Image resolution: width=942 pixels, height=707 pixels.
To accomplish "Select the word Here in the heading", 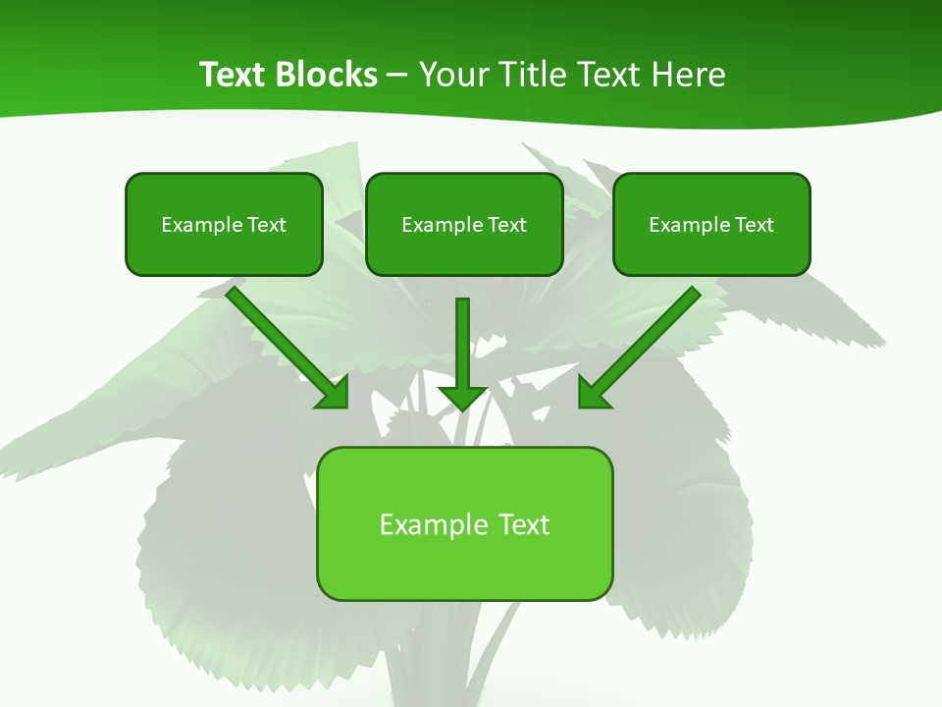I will [x=691, y=75].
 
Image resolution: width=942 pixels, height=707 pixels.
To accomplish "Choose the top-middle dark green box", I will [x=464, y=253].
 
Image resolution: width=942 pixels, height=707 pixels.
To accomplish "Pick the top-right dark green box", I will [x=711, y=253].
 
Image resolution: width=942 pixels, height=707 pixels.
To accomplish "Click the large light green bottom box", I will [x=464, y=565].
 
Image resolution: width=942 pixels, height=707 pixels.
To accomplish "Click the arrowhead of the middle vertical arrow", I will [x=462, y=398].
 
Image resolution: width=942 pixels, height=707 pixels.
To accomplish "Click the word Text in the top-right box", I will [x=755, y=225].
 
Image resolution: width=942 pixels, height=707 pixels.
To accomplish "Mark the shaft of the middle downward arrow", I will [x=462, y=339].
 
